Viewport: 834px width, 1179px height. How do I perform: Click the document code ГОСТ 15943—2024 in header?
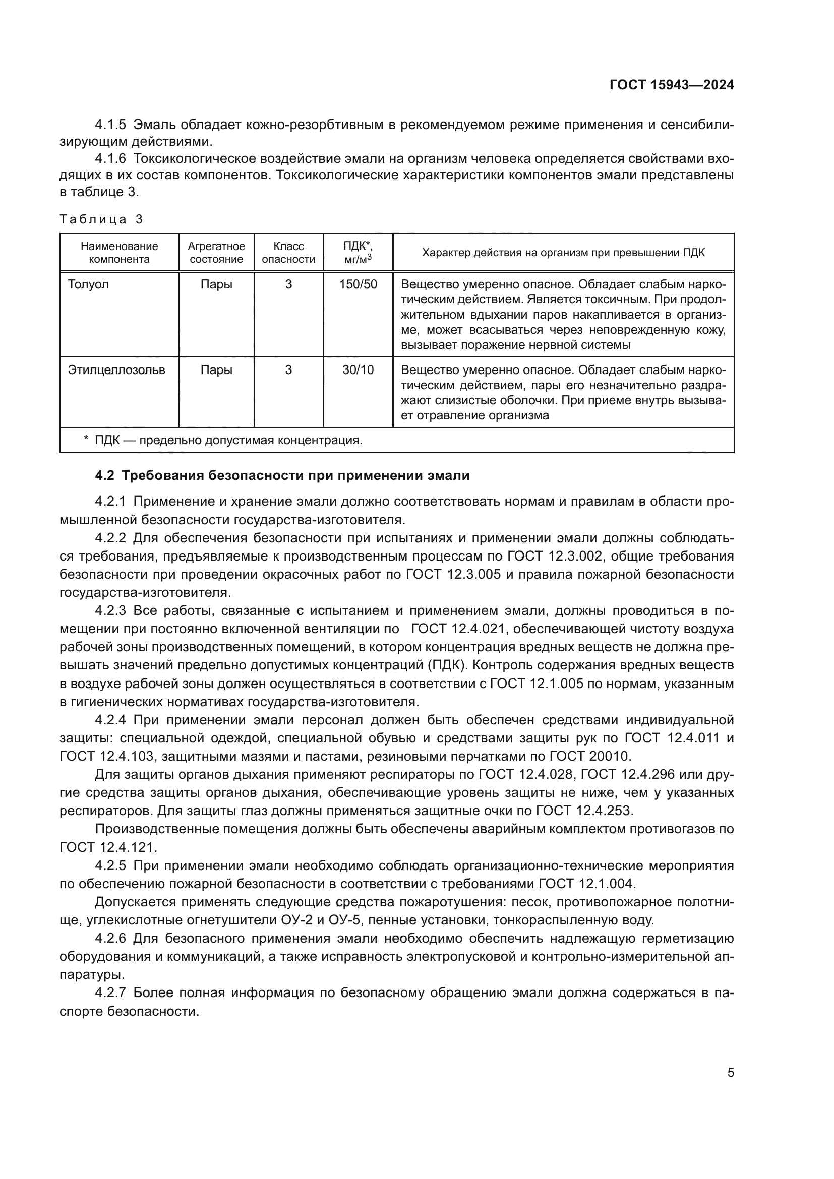(x=671, y=85)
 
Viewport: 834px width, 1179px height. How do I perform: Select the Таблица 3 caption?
(x=101, y=219)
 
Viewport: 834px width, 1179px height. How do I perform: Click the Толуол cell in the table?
(x=88, y=284)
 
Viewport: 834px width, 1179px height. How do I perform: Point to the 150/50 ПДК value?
(x=358, y=284)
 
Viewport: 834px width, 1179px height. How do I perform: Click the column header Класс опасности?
(x=288, y=253)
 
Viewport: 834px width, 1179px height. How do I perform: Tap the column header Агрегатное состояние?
(x=216, y=253)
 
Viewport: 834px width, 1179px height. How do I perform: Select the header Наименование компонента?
(x=119, y=253)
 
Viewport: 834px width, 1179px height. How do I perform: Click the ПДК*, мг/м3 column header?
(x=358, y=253)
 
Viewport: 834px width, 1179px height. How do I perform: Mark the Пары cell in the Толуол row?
(x=216, y=284)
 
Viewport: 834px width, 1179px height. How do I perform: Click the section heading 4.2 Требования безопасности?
(x=282, y=475)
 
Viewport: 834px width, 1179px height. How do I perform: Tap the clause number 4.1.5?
(x=110, y=125)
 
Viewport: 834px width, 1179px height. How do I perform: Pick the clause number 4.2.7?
(x=110, y=992)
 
